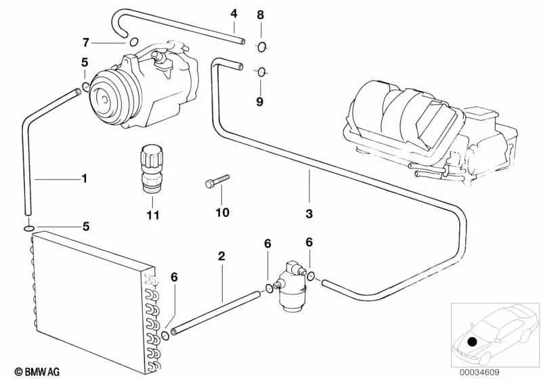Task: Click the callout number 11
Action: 153,215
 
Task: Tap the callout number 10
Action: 222,212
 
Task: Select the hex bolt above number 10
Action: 217,181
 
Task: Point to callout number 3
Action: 309,214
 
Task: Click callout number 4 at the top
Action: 234,14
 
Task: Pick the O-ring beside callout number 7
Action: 134,42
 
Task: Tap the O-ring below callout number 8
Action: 261,47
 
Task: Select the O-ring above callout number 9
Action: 261,72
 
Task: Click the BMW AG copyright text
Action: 37,372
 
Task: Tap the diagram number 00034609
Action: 479,372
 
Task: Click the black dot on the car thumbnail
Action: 472,342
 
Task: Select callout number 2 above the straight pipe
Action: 221,256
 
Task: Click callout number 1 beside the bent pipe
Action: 84,178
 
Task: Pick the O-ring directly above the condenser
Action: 29,228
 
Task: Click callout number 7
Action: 86,43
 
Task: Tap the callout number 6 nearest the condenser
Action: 174,277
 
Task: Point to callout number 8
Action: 261,15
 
